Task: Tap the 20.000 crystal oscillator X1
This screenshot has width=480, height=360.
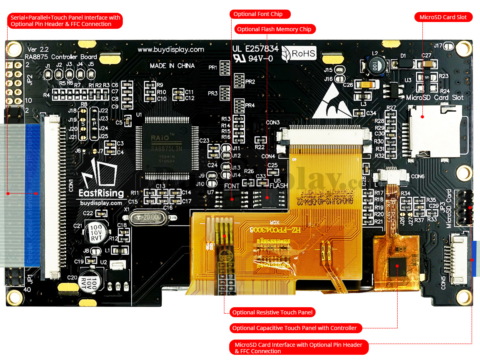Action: click(148, 217)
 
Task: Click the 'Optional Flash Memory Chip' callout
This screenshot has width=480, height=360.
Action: click(274, 29)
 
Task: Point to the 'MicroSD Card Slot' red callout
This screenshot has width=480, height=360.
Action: click(443, 17)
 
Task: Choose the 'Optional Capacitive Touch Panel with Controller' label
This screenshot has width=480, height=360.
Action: click(295, 328)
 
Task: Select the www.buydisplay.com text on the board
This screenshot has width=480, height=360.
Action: click(171, 50)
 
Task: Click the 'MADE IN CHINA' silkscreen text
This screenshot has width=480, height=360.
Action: click(172, 66)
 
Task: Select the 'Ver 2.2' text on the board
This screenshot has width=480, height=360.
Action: click(38, 49)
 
